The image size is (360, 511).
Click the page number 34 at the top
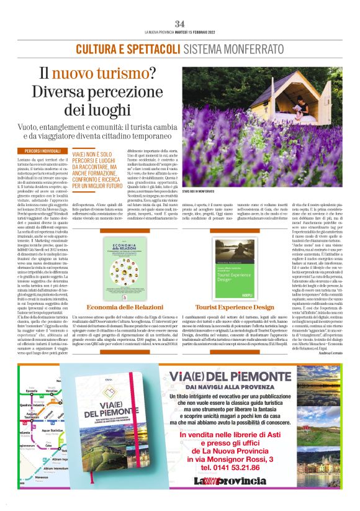click(180, 24)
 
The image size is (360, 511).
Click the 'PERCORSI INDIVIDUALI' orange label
click(43, 151)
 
